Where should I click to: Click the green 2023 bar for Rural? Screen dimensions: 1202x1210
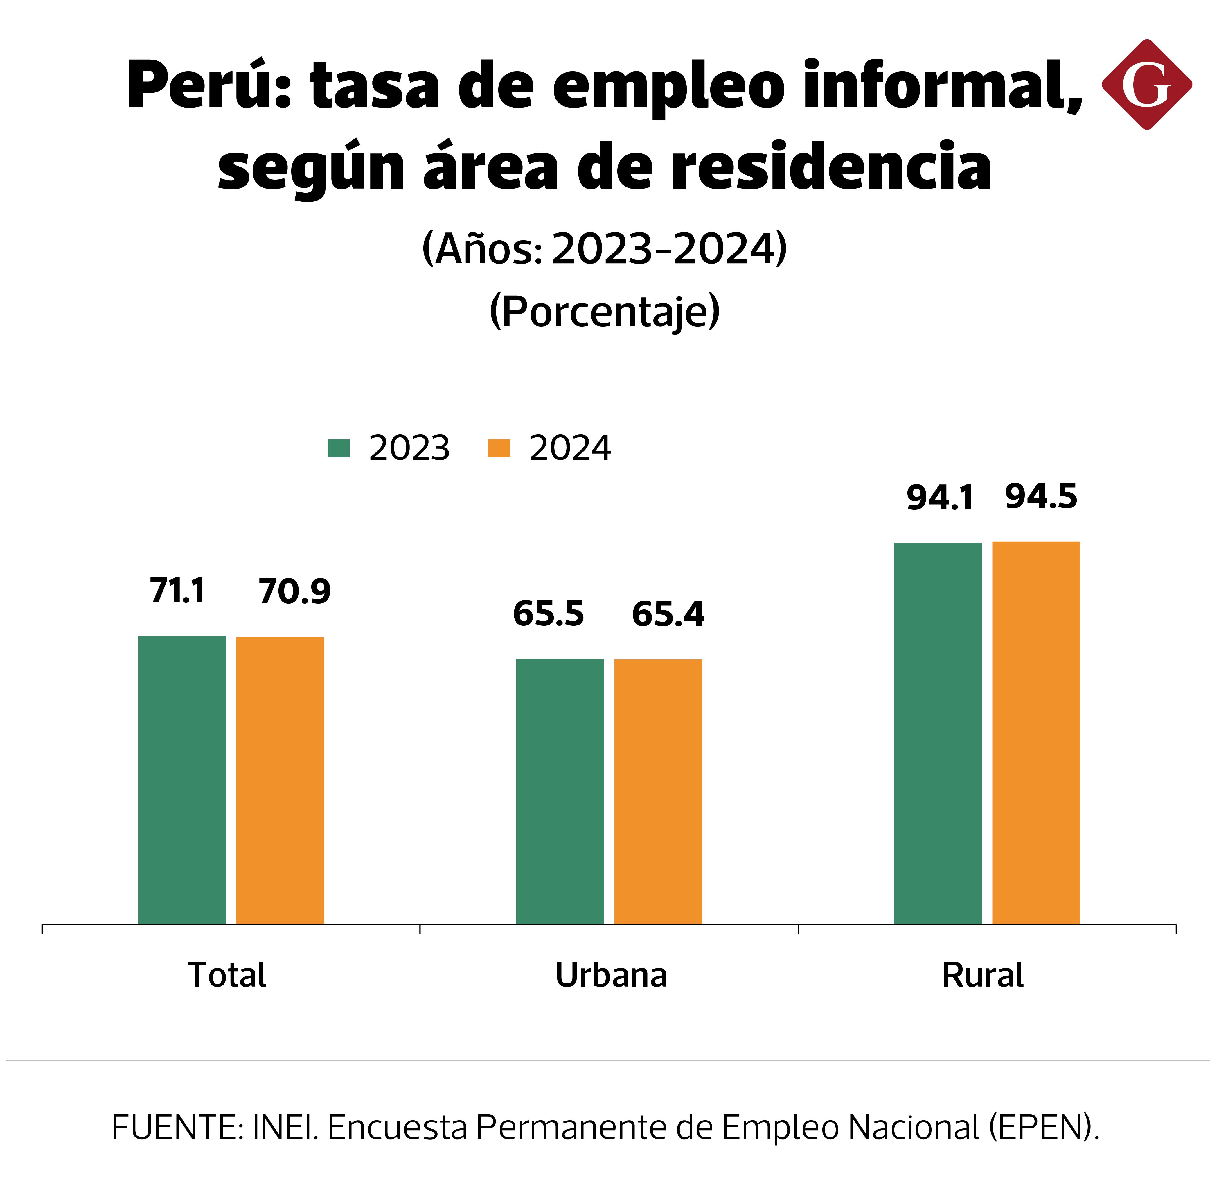pos(938,733)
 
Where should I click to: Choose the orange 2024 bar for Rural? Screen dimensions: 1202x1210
pos(1036,733)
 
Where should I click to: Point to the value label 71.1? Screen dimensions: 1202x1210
pos(177,591)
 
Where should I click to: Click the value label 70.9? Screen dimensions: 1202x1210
pos(294,592)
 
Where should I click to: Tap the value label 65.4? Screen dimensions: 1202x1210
pos(668,614)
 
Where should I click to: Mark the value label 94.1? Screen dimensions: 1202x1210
pos(940,498)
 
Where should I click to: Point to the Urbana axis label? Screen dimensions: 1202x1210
pos(611,975)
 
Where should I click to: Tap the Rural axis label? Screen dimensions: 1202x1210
pos(983,975)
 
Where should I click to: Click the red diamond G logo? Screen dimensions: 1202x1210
pos(1146,85)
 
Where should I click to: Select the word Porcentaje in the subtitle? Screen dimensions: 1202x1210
pos(604,312)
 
